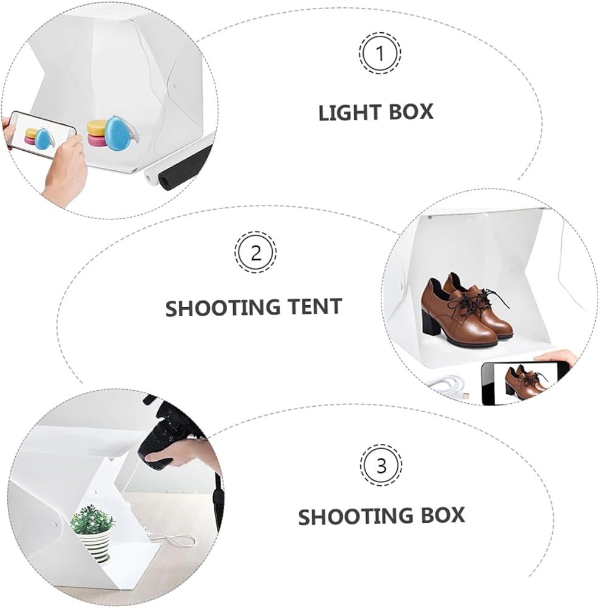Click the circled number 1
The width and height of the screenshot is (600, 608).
tap(380, 53)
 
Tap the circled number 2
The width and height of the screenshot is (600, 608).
tap(256, 252)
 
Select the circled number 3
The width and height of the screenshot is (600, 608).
tap(381, 465)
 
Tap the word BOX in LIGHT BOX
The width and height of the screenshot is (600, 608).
tap(411, 112)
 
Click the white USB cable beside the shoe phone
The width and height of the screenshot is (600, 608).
tap(449, 384)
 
